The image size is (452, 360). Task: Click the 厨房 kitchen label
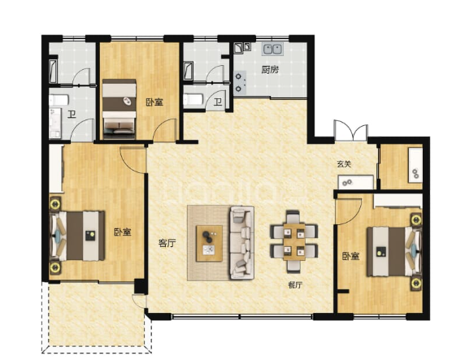pos(270,70)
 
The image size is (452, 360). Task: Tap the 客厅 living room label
pos(167,243)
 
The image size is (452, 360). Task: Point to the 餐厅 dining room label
pos(295,285)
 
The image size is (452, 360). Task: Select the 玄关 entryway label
pos(345,164)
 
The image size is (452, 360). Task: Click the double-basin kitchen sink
pos(272,49)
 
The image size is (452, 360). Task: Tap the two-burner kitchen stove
pos(240,83)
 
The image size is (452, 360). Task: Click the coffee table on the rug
pos(209,244)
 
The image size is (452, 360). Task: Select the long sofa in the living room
pos(241,243)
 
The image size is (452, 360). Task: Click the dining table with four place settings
pos(294,242)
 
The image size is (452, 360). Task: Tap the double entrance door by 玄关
pos(351,131)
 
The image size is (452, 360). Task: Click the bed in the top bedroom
pos(119,109)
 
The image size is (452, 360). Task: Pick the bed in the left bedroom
pos(77,236)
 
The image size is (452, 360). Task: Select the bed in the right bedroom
pos(394,251)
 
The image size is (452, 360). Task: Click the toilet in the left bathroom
pos(59,100)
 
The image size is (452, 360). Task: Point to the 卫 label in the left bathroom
pos(72,115)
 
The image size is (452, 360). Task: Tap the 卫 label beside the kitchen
pos(218,102)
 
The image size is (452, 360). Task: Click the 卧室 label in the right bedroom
pos(351,256)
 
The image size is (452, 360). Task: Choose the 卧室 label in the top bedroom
pos(154,102)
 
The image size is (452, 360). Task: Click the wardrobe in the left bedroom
pos(56,168)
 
